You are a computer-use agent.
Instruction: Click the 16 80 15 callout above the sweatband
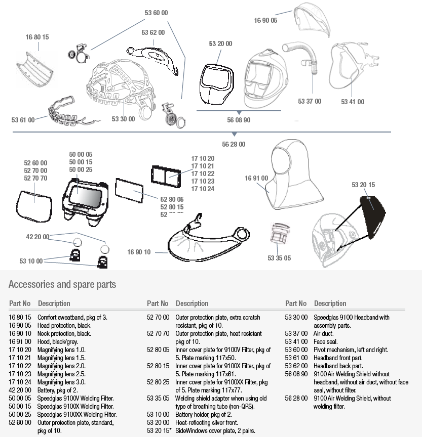(37, 37)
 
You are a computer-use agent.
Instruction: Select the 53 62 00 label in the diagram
(153, 33)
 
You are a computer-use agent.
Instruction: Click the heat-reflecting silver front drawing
(216, 83)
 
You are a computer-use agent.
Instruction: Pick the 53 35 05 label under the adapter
(279, 258)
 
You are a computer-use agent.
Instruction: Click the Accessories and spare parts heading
(62, 284)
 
